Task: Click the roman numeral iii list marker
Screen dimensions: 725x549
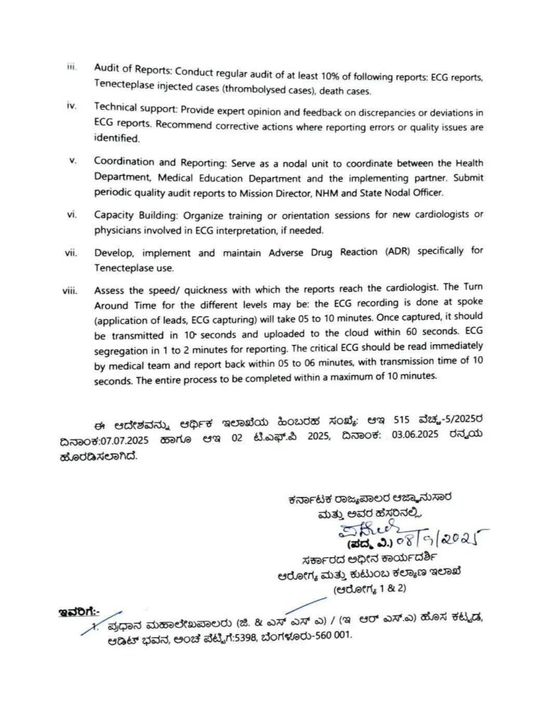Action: point(71,67)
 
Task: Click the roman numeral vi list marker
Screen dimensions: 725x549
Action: point(72,215)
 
